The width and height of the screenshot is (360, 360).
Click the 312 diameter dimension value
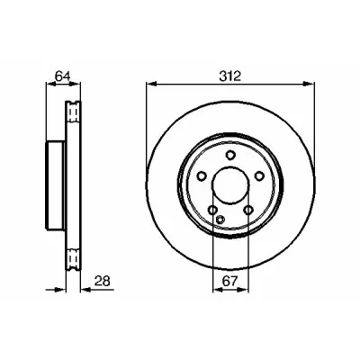pos(230,76)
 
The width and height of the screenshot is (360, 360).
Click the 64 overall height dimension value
pos(63,76)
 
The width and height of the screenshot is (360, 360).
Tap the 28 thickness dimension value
pos(103,281)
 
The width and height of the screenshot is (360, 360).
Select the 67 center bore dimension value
pos(230,281)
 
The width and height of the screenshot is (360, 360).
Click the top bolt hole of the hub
pos(230,156)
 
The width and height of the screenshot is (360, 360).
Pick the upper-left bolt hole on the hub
pos(202,176)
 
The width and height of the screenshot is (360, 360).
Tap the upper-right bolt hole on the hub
pos(258,176)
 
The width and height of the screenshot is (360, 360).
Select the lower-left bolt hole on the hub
pos(213,210)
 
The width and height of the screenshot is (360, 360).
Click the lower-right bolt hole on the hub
pos(248,210)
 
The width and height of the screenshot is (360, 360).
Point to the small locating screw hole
pos(220,220)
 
